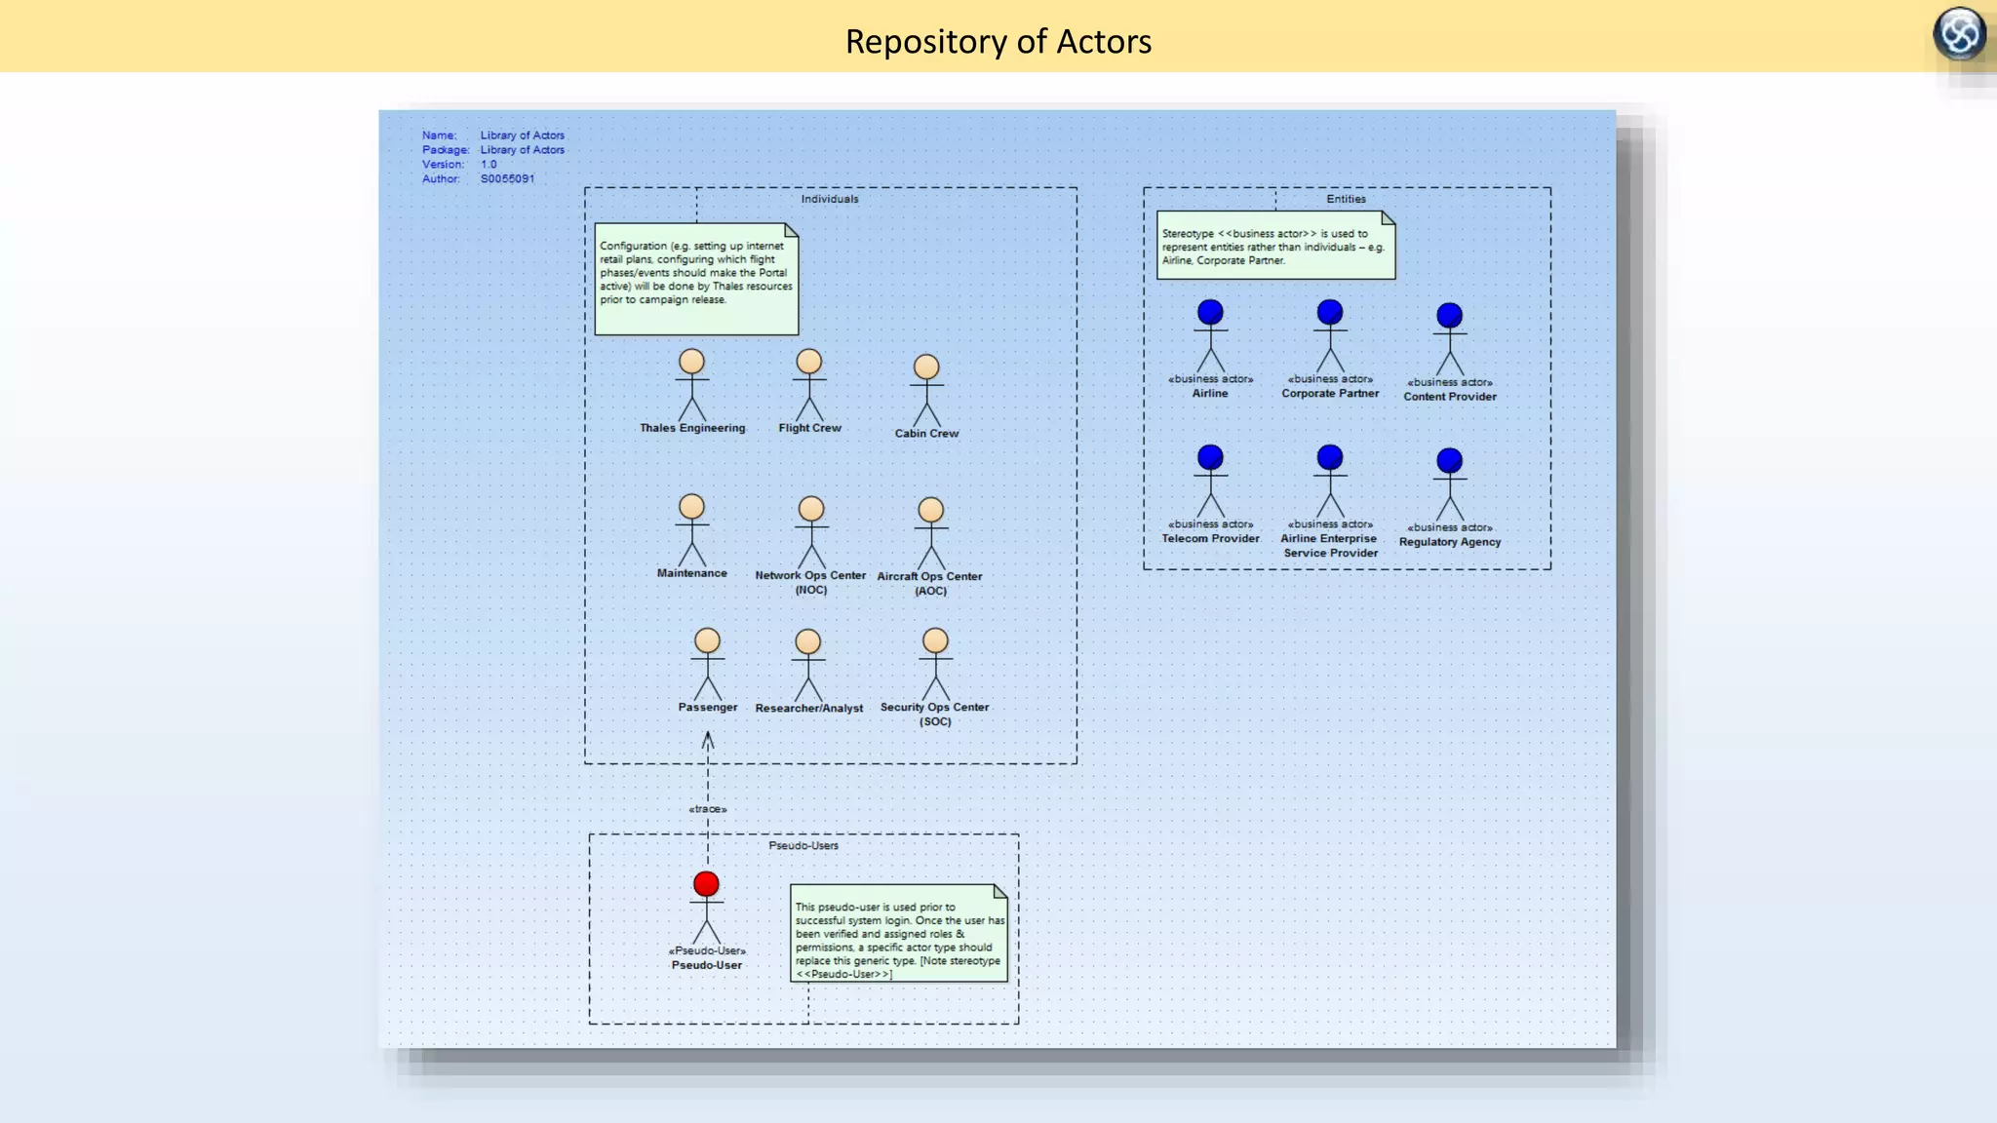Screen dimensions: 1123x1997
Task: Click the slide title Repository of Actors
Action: pos(998,42)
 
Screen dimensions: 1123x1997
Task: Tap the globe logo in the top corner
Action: pos(1959,34)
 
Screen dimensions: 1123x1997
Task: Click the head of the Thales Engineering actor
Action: pos(691,362)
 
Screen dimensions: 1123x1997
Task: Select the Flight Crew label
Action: pos(809,428)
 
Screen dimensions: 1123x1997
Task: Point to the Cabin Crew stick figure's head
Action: pos(926,368)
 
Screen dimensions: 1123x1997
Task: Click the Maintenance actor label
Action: pos(691,573)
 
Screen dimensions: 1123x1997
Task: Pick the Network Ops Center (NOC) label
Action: pos(810,582)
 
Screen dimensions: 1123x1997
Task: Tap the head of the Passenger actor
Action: pos(707,640)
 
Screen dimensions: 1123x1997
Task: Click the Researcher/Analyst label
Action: pos(808,709)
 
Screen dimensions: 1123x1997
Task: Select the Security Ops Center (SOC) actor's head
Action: pos(935,640)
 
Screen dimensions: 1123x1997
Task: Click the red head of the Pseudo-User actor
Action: pos(706,884)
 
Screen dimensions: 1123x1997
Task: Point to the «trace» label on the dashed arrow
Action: pos(708,809)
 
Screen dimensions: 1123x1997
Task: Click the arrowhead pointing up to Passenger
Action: pos(708,741)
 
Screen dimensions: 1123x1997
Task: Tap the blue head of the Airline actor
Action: pos(1210,312)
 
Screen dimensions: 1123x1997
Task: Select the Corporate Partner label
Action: pos(1330,394)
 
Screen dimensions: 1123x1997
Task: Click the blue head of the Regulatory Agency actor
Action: pos(1449,460)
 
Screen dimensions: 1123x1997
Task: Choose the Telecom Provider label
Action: pos(1210,539)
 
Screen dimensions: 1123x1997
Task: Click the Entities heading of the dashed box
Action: pos(1346,199)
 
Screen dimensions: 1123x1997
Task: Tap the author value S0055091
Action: pos(507,179)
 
